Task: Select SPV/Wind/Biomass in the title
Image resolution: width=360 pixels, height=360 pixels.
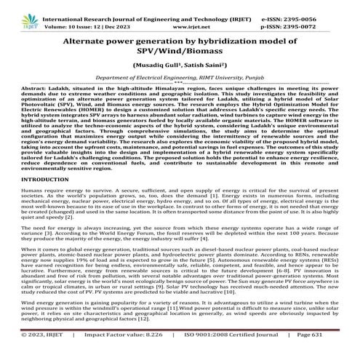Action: (180, 55)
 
